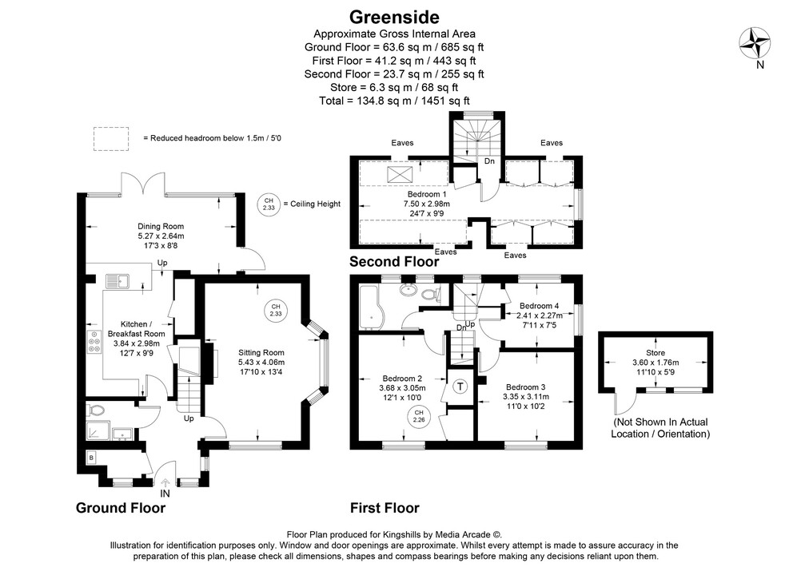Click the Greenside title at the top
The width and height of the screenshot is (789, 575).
click(394, 16)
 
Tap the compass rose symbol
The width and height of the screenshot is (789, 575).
click(755, 42)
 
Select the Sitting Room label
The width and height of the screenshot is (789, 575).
click(261, 352)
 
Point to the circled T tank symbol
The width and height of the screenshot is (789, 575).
click(460, 387)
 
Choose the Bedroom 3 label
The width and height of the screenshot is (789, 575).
click(524, 387)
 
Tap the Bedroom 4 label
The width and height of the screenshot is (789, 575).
click(540, 306)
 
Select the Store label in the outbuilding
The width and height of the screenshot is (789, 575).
click(655, 352)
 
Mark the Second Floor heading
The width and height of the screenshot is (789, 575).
click(394, 261)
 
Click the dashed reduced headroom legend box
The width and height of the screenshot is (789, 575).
click(112, 137)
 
